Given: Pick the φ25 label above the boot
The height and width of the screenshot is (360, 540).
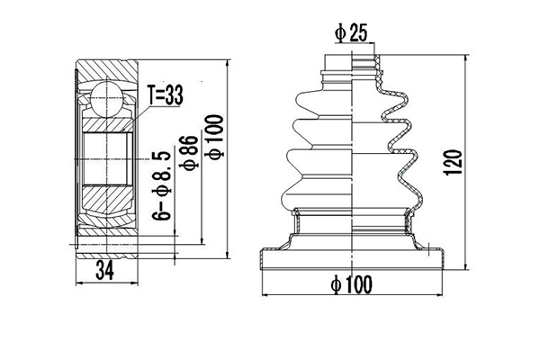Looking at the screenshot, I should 352,34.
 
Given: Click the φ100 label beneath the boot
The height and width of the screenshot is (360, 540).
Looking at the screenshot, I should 350,285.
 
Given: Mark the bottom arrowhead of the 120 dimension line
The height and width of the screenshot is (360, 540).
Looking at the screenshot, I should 466,267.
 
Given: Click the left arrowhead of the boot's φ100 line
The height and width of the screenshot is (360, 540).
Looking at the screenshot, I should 263,295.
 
